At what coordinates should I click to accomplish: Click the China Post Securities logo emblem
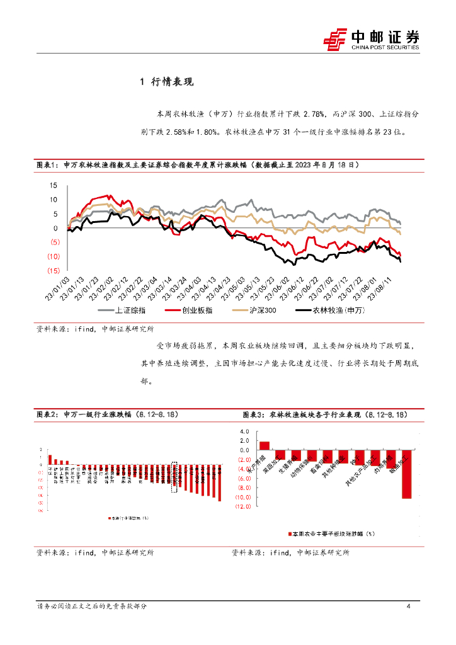point(336,40)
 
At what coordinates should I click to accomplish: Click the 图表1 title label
point(47,165)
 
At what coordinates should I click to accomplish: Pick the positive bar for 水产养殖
point(265,445)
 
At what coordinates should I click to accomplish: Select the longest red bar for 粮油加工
point(407,474)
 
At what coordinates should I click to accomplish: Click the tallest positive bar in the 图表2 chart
point(50,459)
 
